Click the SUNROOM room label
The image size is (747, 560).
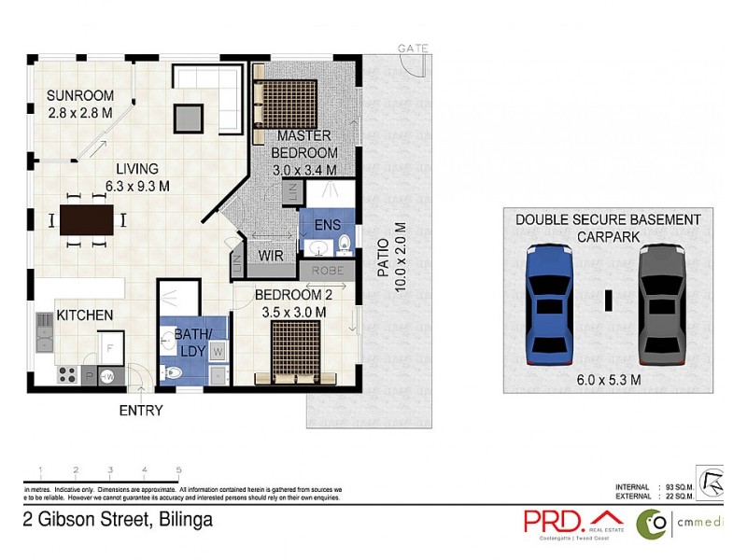pyautogui.click(x=80, y=95)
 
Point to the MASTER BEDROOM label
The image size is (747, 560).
pyautogui.click(x=303, y=145)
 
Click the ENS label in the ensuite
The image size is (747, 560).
pyautogui.click(x=328, y=224)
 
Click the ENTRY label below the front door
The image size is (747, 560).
pyautogui.click(x=141, y=411)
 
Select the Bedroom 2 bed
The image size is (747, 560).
pyautogui.click(x=296, y=352)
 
